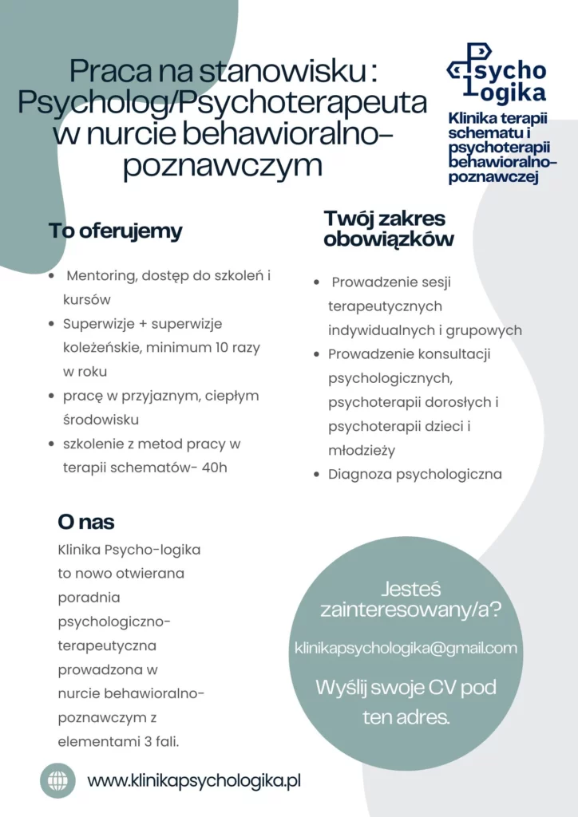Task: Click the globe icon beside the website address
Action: click(57, 780)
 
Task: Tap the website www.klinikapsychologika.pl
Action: click(194, 781)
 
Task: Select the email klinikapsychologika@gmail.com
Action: click(406, 648)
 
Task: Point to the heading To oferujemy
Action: click(116, 231)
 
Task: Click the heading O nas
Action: click(86, 522)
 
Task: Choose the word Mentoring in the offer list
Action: click(100, 276)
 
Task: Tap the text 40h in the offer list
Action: click(215, 468)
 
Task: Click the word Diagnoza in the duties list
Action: click(360, 474)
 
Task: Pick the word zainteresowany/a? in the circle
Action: click(410, 611)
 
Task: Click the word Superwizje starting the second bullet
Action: click(100, 324)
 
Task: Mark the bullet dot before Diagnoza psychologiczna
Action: click(317, 475)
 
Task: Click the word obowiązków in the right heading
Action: click(389, 239)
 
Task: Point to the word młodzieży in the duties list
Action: click(362, 450)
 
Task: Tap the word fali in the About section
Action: click(164, 741)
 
